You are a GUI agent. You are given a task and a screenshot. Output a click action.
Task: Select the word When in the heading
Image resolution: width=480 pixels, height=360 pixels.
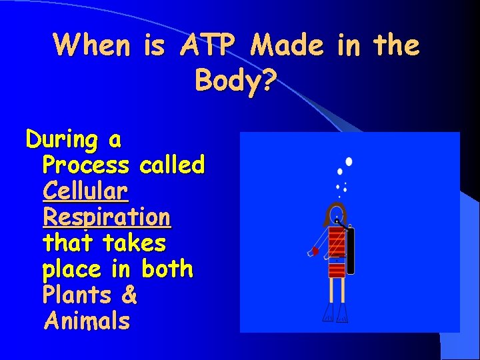[x=92, y=45]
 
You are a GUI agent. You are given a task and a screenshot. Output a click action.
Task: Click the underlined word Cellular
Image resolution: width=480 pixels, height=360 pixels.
[x=85, y=191]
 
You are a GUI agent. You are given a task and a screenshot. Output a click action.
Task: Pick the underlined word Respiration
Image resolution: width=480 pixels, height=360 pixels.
[x=106, y=217]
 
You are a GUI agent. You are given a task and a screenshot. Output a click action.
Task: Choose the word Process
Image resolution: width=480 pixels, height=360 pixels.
[x=85, y=165]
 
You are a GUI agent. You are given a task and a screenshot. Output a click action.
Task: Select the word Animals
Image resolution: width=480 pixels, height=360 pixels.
[x=87, y=321]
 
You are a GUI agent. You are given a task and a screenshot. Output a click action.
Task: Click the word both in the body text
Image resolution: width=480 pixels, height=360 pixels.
[x=167, y=269]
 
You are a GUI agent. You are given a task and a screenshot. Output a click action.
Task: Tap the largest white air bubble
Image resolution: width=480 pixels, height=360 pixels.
[x=349, y=162]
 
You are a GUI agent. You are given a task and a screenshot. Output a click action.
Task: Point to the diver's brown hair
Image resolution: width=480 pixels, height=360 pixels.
[x=329, y=216]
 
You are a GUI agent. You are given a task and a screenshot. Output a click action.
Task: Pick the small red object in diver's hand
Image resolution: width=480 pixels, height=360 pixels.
[x=315, y=251]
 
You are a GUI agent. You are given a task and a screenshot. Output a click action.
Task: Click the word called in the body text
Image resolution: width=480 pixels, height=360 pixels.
[x=172, y=165]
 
